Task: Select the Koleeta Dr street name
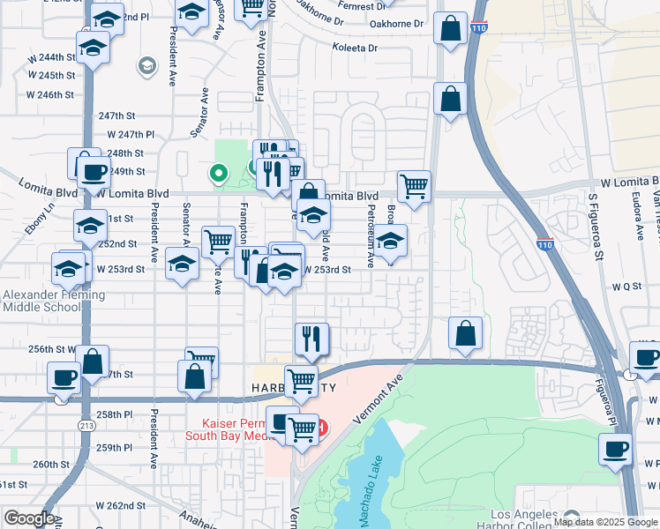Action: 356,48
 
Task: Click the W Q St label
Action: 625,287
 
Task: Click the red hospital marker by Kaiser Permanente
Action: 322,429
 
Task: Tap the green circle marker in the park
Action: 216,174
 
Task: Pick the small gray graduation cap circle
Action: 146,66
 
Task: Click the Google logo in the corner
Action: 28,518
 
